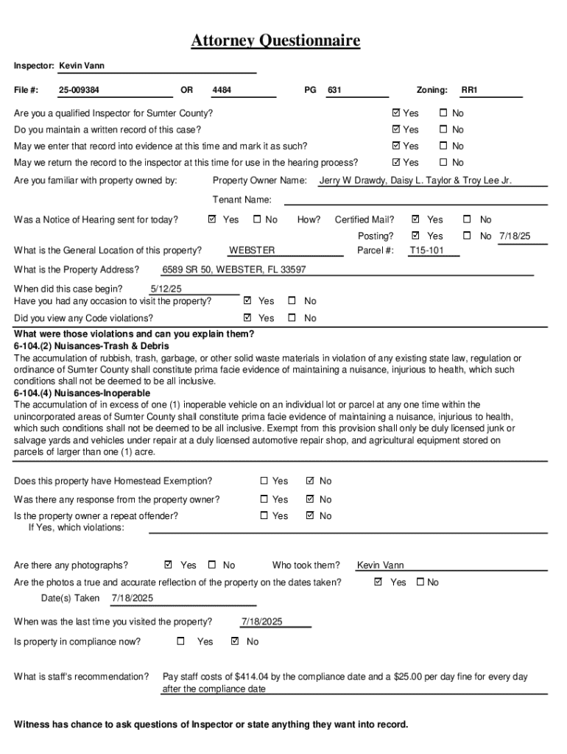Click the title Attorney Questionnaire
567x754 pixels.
[x=275, y=40]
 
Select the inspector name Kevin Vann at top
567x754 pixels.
[x=82, y=66]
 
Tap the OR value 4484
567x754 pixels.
[x=222, y=91]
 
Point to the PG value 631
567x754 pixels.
[x=334, y=91]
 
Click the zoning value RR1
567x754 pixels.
[x=470, y=91]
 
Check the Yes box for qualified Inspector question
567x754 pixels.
[x=397, y=113]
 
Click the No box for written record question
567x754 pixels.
[x=443, y=130]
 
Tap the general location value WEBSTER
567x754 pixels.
[x=252, y=250]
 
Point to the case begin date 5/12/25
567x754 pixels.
[x=166, y=289]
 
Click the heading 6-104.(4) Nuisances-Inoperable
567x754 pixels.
[x=82, y=393]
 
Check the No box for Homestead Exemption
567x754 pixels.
[x=310, y=481]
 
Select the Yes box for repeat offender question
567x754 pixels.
[x=264, y=516]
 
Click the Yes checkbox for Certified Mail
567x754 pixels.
[x=416, y=219]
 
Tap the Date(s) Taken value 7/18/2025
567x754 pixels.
[x=133, y=599]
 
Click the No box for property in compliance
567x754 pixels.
[x=235, y=641]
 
